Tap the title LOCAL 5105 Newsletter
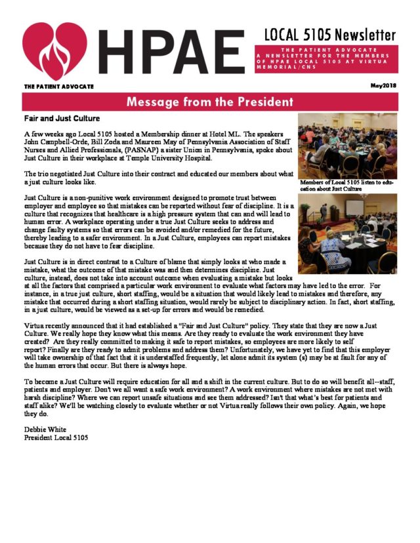(x=330, y=34)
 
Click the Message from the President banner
(x=209, y=102)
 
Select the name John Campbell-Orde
(x=55, y=142)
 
